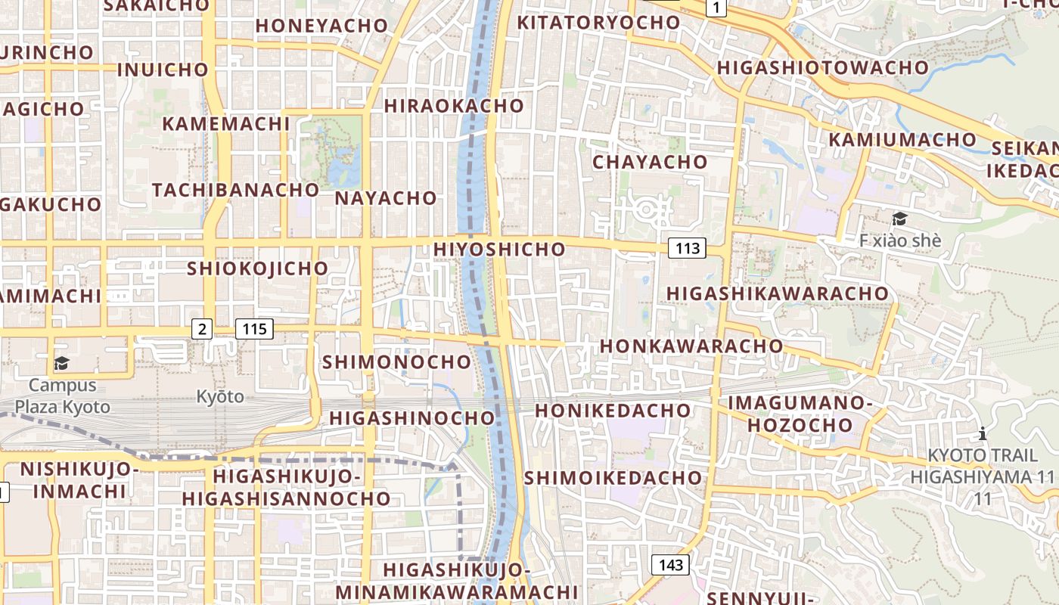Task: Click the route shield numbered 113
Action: (x=688, y=248)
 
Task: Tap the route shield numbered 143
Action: (x=671, y=565)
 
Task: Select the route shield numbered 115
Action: (x=254, y=329)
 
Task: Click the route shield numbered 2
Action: (x=201, y=329)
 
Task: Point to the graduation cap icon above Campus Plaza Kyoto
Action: (x=61, y=364)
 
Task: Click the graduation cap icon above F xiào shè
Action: (x=899, y=219)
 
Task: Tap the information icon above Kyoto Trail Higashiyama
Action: (x=982, y=433)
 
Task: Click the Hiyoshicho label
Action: (x=499, y=249)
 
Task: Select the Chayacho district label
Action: (x=650, y=162)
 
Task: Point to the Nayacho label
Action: (x=386, y=198)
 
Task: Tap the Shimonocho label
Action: (x=397, y=361)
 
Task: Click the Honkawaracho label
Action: (x=691, y=346)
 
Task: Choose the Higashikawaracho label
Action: (x=778, y=293)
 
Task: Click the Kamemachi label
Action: (x=226, y=123)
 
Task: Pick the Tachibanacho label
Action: (x=236, y=190)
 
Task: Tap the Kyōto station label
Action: (x=220, y=396)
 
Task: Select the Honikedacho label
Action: (x=613, y=411)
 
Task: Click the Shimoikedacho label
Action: (x=613, y=478)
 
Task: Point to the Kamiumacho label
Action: (x=902, y=140)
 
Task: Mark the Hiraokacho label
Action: (x=454, y=106)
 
